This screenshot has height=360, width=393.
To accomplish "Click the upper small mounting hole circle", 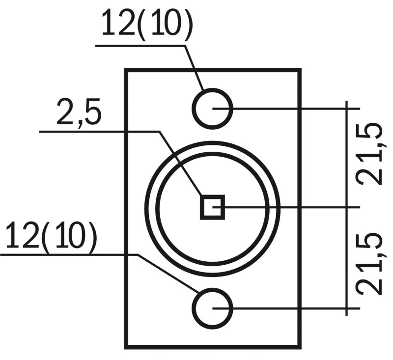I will coord(212,108).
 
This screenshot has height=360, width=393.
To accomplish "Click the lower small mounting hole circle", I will coord(212,308).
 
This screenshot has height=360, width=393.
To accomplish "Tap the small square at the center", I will coord(212,206).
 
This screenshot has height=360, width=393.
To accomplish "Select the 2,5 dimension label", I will coord(79,113).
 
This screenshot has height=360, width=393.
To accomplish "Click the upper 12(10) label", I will coord(146,23).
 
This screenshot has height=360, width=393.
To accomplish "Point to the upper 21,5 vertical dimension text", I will coord(370,153).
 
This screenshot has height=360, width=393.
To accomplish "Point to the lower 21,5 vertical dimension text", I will coord(370,263).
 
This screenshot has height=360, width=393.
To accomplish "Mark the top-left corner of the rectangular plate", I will coord(126,70).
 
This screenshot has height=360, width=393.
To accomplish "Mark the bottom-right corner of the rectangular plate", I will coord(300,347).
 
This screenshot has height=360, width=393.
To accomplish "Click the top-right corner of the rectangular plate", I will coord(300,70).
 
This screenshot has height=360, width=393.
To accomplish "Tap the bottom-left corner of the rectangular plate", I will coord(126,347).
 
